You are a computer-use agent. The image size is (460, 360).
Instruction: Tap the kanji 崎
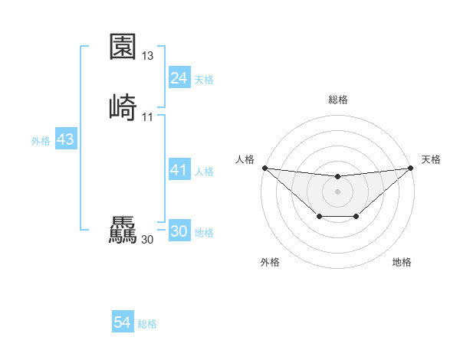coord(123,107)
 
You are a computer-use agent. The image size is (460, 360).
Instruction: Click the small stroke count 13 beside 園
coord(148,56)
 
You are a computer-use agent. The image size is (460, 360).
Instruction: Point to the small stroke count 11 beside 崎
coord(148,117)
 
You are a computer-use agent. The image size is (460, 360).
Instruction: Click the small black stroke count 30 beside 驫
coord(148,240)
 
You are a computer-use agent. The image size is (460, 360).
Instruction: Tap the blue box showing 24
coord(179,78)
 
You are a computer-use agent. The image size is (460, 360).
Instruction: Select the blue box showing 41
coord(179,170)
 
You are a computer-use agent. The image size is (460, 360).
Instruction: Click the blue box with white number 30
coord(179,231)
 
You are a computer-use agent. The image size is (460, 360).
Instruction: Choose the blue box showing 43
coord(65,139)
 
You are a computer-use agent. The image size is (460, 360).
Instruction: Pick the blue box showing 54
coord(122,323)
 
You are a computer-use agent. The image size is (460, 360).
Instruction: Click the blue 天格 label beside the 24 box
coord(204,80)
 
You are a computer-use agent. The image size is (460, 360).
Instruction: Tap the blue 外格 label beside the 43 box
coord(41,141)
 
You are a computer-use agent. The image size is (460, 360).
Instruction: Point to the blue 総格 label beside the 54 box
coord(147,325)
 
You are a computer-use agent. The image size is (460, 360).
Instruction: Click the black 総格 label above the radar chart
coord(338,100)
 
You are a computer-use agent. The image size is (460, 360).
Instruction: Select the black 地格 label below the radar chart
coord(402,263)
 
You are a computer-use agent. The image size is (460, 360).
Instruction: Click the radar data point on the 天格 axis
coord(411,168)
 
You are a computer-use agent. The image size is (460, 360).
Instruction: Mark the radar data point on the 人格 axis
coord(264,168)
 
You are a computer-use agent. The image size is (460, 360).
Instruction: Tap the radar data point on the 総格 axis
coord(338,178)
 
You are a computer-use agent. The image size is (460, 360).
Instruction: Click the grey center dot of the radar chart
coord(338,191)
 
